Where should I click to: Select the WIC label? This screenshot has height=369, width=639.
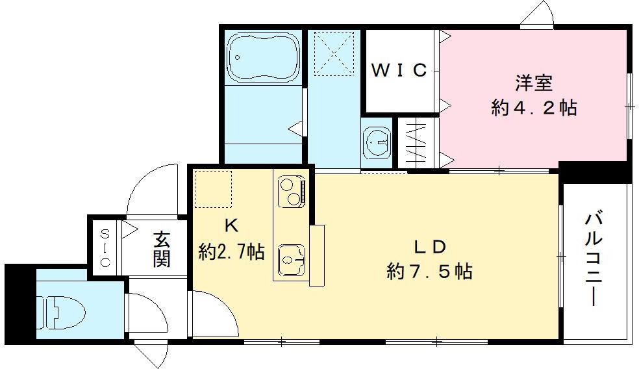point(399,70)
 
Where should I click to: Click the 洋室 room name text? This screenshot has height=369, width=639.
point(534,84)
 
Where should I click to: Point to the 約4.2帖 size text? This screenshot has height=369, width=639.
point(534,107)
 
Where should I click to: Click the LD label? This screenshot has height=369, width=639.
point(429,247)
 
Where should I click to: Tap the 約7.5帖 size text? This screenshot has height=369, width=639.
point(429,271)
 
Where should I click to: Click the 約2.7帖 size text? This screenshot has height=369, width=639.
point(231,251)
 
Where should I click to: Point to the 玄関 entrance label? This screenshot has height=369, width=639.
point(162,249)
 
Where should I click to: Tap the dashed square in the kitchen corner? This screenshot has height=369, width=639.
point(213,189)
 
